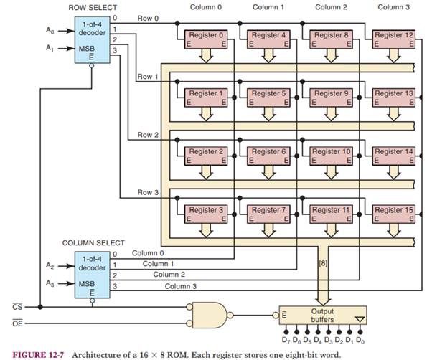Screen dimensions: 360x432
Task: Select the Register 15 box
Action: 393,214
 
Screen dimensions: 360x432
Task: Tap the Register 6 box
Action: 268,156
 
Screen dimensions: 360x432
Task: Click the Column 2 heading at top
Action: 329,6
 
